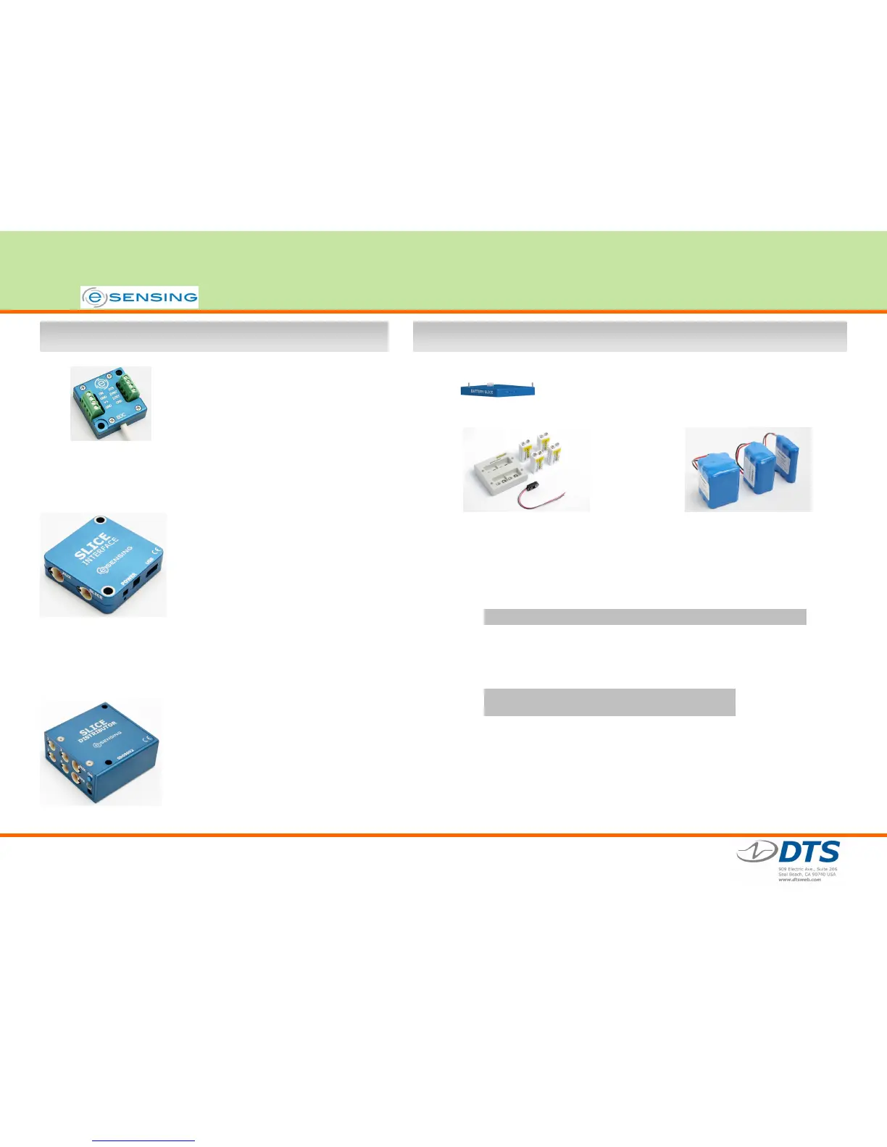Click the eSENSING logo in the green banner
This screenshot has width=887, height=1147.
[139, 297]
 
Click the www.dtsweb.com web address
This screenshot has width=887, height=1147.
[799, 880]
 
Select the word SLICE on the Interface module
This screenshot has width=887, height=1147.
[91, 546]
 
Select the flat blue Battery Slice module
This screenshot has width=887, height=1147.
[497, 390]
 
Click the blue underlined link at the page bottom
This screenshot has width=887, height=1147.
[143, 1140]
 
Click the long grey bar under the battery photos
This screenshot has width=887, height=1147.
[644, 617]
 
